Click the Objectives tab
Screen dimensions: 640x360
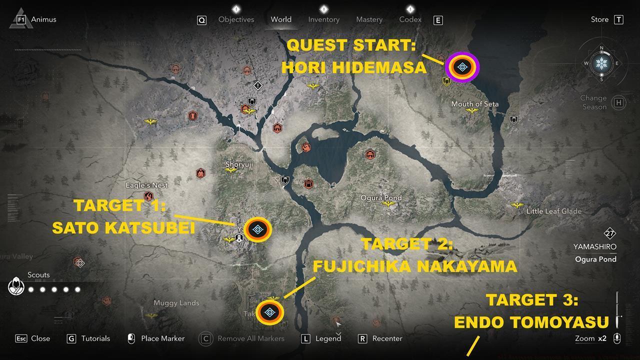236,19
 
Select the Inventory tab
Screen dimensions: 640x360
323,19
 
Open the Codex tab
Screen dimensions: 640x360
410,19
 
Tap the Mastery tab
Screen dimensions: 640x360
369,19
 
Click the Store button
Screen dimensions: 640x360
599,19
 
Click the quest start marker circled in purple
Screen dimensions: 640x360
462,67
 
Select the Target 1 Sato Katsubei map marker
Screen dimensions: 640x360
258,229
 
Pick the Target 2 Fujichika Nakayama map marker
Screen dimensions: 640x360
270,313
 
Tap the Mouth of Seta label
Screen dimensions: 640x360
474,104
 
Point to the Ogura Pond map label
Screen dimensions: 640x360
381,198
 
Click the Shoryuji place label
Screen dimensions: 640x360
239,164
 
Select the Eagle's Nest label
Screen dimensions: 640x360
146,185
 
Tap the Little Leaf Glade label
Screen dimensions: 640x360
553,211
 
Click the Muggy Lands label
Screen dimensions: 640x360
176,303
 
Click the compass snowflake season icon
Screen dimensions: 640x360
601,63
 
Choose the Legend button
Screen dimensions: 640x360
327,338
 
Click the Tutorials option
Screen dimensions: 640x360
95,338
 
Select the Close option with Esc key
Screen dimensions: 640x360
40,338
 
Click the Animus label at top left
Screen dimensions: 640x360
43,19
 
